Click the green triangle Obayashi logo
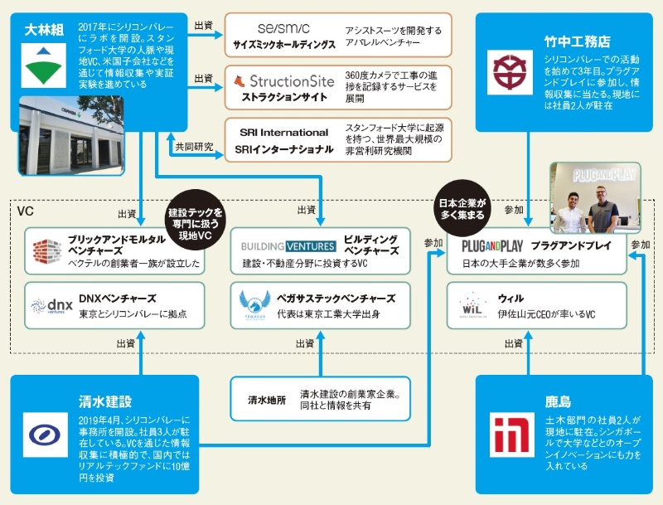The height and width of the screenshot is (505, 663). [x=39, y=66]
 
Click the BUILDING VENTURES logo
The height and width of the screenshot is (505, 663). [x=288, y=246]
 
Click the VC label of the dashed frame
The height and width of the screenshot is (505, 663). [x=25, y=212]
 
